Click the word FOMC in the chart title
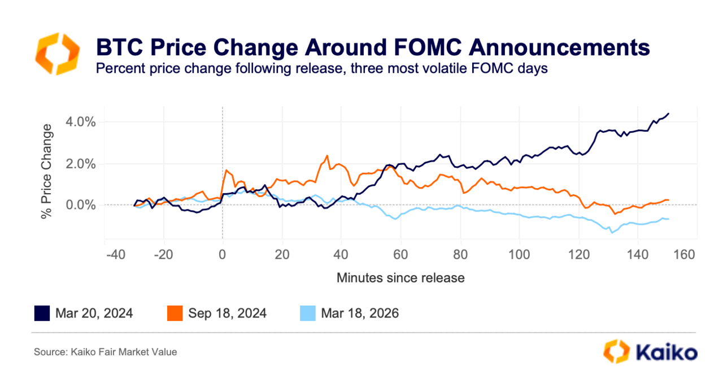tap(428, 47)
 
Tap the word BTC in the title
tap(120, 47)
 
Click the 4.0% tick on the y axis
tap(81, 122)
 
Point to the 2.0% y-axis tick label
tap(81, 164)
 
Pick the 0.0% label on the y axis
tap(81, 205)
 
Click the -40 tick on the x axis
tap(116, 255)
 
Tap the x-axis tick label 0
tap(222, 255)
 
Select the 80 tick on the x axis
tap(460, 255)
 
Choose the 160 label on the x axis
tap(684, 255)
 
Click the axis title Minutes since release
tap(400, 278)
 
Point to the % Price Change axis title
tap(46, 172)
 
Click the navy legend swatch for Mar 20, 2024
tap(42, 314)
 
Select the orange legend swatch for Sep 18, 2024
tap(175, 314)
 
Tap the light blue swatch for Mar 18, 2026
tap(308, 314)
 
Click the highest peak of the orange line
tap(327, 156)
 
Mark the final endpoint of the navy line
tap(668, 114)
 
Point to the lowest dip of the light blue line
tap(611, 233)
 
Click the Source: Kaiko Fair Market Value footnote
tap(105, 352)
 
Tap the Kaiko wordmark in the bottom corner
tap(667, 352)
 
